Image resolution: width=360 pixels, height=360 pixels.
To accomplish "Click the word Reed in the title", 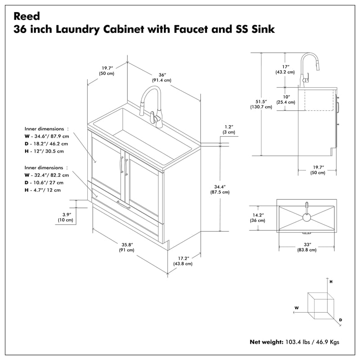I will click(x=27, y=16).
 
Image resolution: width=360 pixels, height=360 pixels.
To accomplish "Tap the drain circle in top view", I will click(x=306, y=217).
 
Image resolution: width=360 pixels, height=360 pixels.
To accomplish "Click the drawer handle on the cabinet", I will click(x=123, y=205).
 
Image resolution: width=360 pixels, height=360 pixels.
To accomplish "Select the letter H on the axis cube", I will click(x=331, y=281).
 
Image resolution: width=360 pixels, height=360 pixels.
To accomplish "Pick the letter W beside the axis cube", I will click(x=297, y=308).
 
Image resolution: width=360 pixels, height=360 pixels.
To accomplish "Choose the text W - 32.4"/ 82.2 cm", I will click(x=47, y=175).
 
